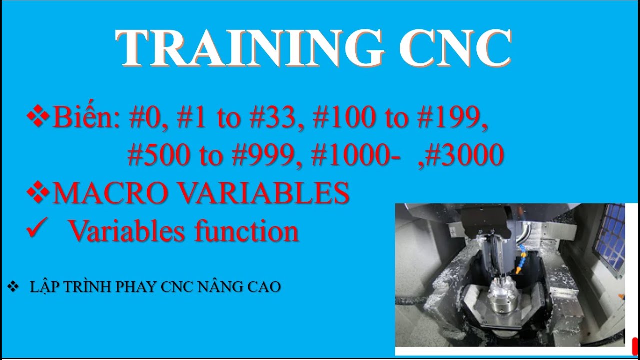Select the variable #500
click(x=160, y=156)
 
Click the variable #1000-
click(x=355, y=156)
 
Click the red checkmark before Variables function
click(x=36, y=230)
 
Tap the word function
click(x=247, y=231)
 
